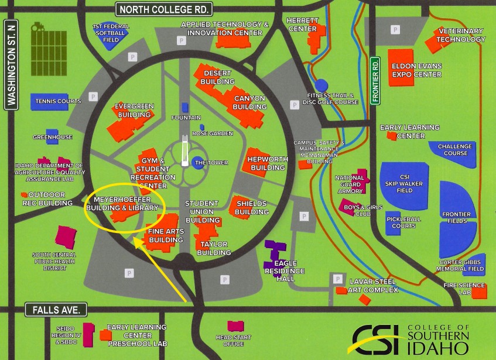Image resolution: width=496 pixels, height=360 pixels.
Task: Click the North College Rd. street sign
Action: tap(164, 9)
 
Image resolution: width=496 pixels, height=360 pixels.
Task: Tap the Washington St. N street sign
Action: tap(11, 64)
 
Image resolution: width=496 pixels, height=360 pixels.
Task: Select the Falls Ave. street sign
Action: tap(56, 309)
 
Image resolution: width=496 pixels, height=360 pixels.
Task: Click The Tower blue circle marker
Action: tap(197, 163)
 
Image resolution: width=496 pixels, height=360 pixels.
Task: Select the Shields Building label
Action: tap(252, 207)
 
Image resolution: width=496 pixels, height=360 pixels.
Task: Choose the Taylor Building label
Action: tap(214, 248)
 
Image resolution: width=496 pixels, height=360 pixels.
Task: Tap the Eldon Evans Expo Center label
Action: tap(416, 70)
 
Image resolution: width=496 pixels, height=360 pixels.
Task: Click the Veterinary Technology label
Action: tap(461, 35)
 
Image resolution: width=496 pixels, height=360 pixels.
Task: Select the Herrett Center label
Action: tap(302, 24)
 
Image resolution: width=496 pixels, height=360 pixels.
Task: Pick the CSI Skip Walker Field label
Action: tap(405, 183)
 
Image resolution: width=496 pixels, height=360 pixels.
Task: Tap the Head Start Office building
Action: tap(235, 326)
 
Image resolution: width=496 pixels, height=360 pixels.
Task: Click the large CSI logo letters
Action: tap(375, 340)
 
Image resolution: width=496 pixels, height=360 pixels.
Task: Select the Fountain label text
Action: tap(186, 118)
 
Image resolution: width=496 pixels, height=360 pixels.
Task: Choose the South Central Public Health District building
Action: tap(65, 236)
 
